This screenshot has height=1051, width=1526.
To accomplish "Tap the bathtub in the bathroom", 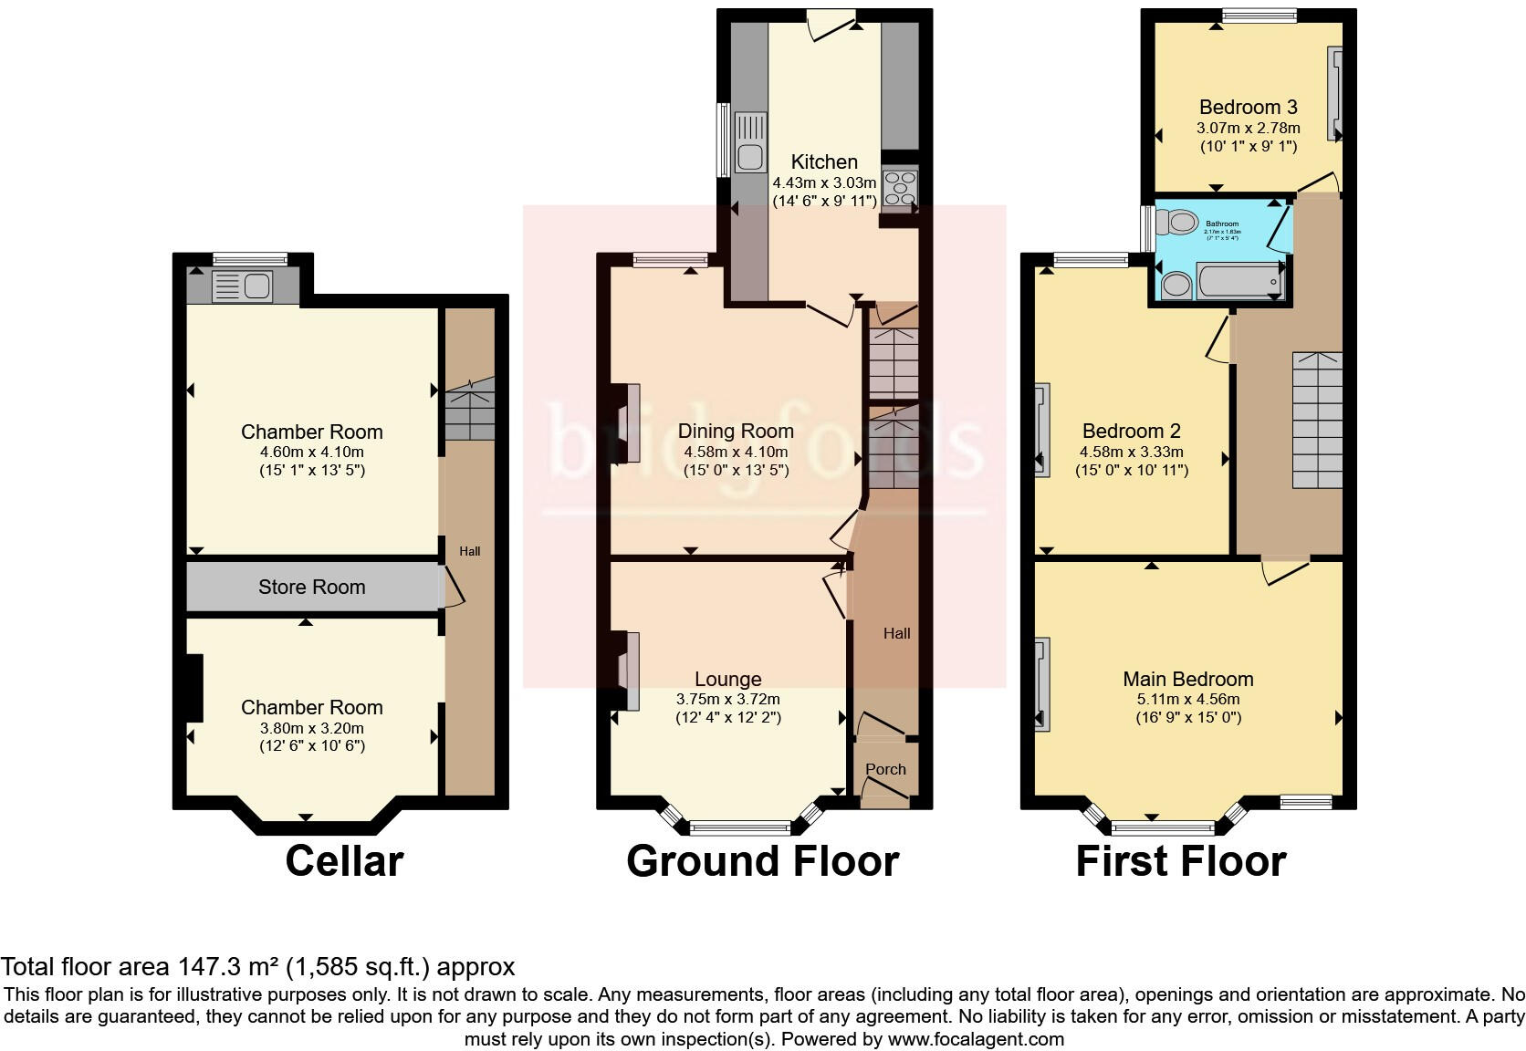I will [1239, 282].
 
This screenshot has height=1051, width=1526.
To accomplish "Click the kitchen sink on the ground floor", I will [750, 143].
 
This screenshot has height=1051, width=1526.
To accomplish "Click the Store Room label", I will [311, 588].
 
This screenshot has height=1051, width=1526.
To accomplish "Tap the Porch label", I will [885, 769].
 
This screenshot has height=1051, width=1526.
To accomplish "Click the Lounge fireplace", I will [629, 670].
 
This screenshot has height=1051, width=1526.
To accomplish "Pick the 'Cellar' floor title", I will [344, 861].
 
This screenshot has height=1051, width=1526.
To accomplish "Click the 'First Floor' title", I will [1180, 861].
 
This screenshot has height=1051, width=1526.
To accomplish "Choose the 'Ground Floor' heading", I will [762, 861].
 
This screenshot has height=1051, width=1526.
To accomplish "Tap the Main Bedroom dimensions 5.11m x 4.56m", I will [1187, 699].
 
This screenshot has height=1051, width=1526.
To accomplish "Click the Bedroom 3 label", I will [1248, 108].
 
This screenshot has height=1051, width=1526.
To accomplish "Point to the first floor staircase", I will [1317, 420].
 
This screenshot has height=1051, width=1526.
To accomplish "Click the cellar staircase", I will [469, 412].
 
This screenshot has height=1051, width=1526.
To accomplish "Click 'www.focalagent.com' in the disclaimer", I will [975, 1039].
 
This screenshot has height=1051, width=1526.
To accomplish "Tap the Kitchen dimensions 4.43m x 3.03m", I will [823, 182].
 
